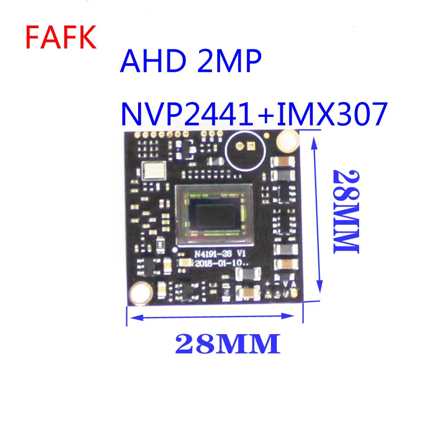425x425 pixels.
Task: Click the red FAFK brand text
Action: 62,37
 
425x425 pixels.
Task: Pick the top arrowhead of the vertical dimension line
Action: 318,138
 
